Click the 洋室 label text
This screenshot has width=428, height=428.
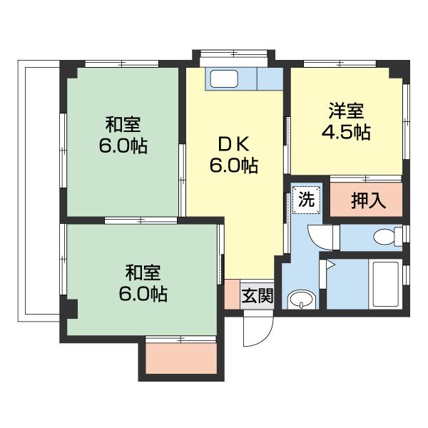click(347, 111)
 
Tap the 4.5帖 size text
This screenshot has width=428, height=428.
click(347, 133)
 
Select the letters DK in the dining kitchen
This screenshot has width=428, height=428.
click(233, 144)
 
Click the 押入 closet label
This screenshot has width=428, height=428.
click(369, 201)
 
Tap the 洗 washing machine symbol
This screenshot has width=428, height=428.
click(306, 200)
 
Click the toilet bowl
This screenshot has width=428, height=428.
click(385, 236)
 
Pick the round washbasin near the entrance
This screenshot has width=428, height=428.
click(300, 300)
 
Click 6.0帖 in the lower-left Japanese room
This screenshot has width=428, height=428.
click(143, 294)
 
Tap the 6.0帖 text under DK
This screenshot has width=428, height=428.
click(233, 166)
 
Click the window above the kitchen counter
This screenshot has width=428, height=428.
click(233, 53)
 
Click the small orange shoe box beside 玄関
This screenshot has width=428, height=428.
click(231, 295)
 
